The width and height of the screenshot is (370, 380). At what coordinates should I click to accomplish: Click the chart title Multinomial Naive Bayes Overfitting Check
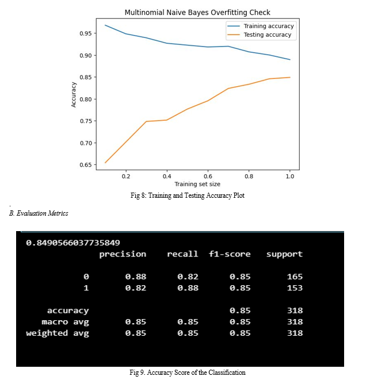[x=197, y=12]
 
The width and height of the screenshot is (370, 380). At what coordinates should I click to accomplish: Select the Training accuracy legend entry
[x=268, y=26]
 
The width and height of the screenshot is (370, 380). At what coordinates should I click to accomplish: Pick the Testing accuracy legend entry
[x=268, y=34]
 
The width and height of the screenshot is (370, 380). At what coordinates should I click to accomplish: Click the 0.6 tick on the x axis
[x=208, y=176]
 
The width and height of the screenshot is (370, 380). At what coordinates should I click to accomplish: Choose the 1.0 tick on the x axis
[x=290, y=176]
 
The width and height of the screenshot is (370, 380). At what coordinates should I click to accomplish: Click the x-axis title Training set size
[x=197, y=184]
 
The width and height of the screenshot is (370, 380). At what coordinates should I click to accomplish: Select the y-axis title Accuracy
[x=74, y=94]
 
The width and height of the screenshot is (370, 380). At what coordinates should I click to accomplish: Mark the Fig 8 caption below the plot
[x=187, y=195]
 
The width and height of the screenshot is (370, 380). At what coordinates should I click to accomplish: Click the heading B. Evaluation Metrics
[x=39, y=213]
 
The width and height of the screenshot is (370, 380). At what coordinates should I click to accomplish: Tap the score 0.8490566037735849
[x=73, y=243]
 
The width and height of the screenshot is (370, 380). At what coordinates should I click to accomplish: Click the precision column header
[x=123, y=254]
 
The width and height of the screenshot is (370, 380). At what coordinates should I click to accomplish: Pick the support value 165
[x=295, y=277]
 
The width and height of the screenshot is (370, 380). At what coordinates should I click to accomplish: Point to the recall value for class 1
[x=188, y=288]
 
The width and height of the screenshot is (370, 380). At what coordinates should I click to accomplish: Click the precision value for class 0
[x=136, y=277]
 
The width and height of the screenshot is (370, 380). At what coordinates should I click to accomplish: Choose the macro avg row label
[x=65, y=322]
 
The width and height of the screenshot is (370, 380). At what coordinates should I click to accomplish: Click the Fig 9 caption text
[x=188, y=373]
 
